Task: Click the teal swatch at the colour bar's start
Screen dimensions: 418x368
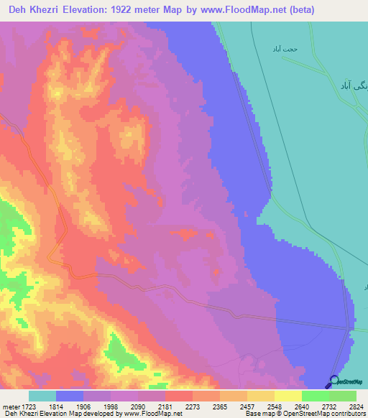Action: [x=42, y=396]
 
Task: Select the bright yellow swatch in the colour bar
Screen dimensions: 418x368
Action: [x=287, y=396]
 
